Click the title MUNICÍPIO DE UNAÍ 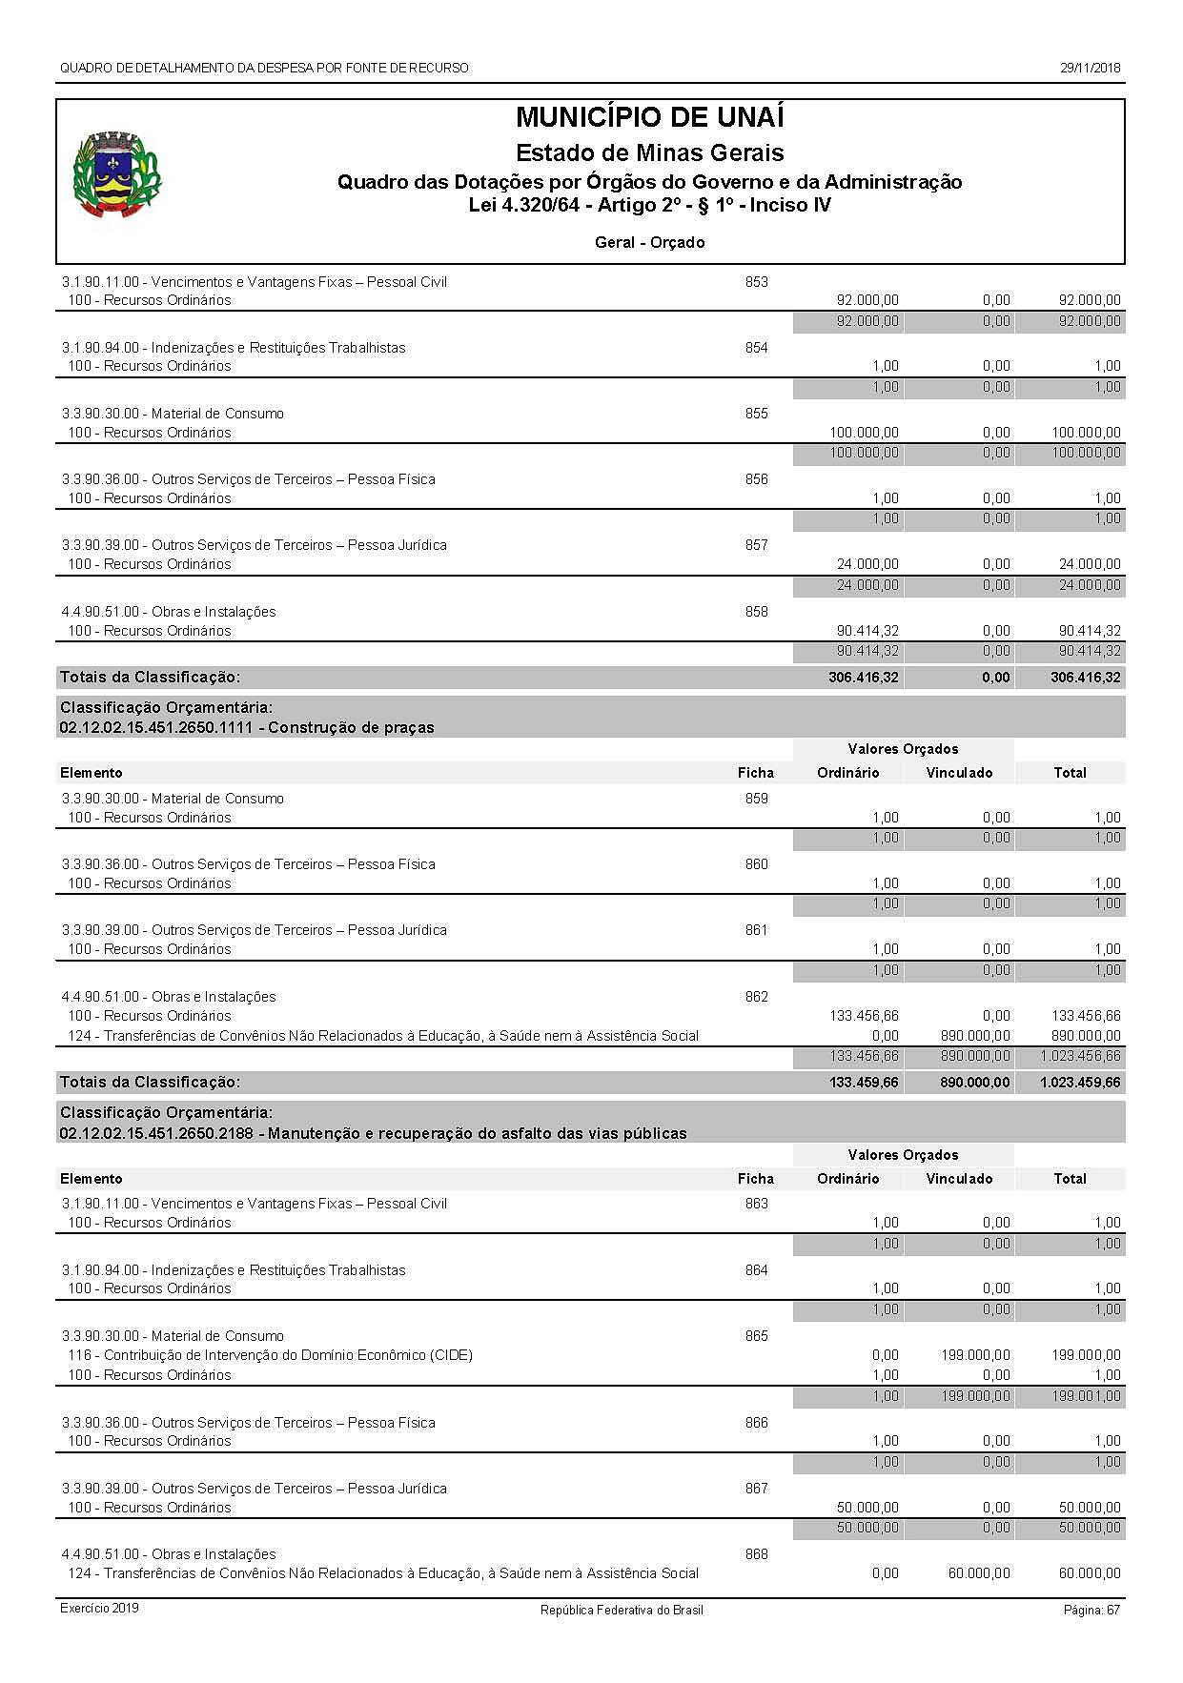click(649, 118)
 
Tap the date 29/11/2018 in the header click(1090, 68)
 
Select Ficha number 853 click(756, 282)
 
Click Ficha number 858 click(756, 612)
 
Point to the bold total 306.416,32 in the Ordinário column click(863, 678)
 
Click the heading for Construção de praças click(247, 728)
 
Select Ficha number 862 click(756, 997)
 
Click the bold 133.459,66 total click(863, 1083)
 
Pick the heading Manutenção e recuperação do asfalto click(373, 1134)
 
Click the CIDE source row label click(270, 1355)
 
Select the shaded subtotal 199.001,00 click(1086, 1396)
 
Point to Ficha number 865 click(756, 1336)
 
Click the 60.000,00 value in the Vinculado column click(979, 1573)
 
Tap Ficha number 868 click(756, 1554)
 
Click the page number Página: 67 click(1091, 1610)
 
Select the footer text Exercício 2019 click(99, 1609)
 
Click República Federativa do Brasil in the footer click(622, 1610)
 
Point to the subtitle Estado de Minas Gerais click(649, 152)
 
